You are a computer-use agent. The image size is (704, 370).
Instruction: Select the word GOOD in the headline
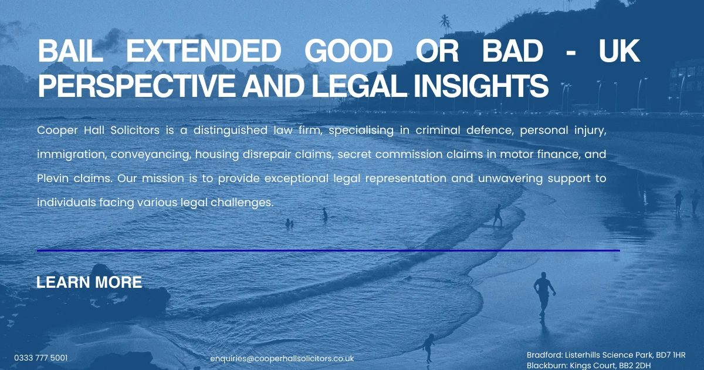(348, 53)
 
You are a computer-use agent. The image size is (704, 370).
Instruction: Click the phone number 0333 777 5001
(40, 357)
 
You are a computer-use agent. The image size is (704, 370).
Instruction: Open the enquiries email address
(282, 358)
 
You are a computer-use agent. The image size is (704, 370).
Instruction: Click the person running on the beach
(543, 292)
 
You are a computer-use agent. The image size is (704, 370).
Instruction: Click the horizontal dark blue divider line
(328, 250)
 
